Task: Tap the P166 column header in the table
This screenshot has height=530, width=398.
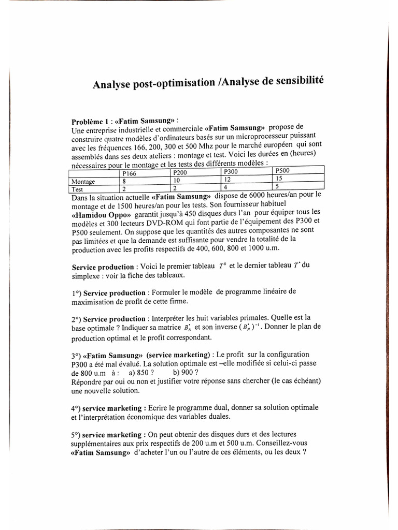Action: click(129, 173)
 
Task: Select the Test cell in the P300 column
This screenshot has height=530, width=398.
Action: click(226, 186)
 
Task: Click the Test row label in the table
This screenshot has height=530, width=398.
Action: click(77, 189)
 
